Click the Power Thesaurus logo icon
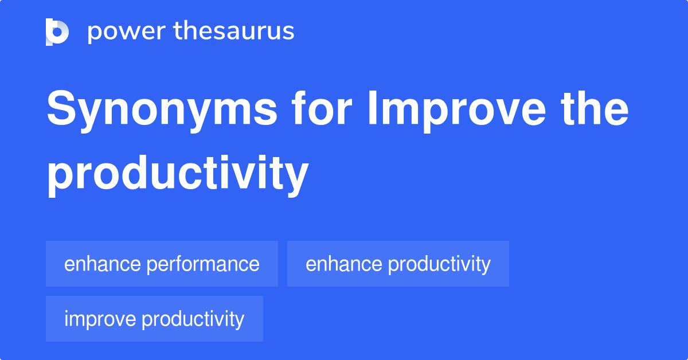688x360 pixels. click(x=57, y=32)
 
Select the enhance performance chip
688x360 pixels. click(x=162, y=264)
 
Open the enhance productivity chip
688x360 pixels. click(x=398, y=264)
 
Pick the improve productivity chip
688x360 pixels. click(x=154, y=319)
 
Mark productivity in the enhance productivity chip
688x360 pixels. click(x=439, y=264)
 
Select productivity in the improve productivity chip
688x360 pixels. click(x=193, y=319)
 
